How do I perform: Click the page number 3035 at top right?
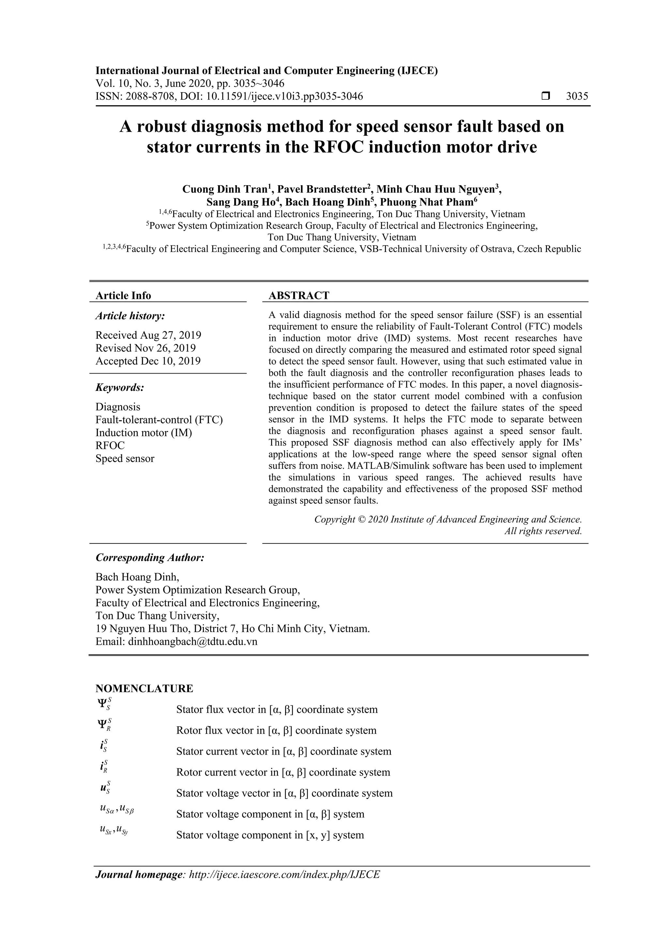pos(577,96)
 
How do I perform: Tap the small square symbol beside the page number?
pos(545,96)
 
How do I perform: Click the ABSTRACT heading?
pos(299,295)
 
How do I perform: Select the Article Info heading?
pos(123,295)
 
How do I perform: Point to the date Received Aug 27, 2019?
pos(148,335)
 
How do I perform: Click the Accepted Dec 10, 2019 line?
pos(148,361)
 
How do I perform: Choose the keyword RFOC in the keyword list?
pos(110,446)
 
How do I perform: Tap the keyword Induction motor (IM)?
pos(144,433)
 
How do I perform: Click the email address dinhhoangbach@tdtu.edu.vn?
pos(192,642)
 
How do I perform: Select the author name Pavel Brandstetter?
pos(322,189)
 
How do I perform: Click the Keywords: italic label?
pos(120,387)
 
